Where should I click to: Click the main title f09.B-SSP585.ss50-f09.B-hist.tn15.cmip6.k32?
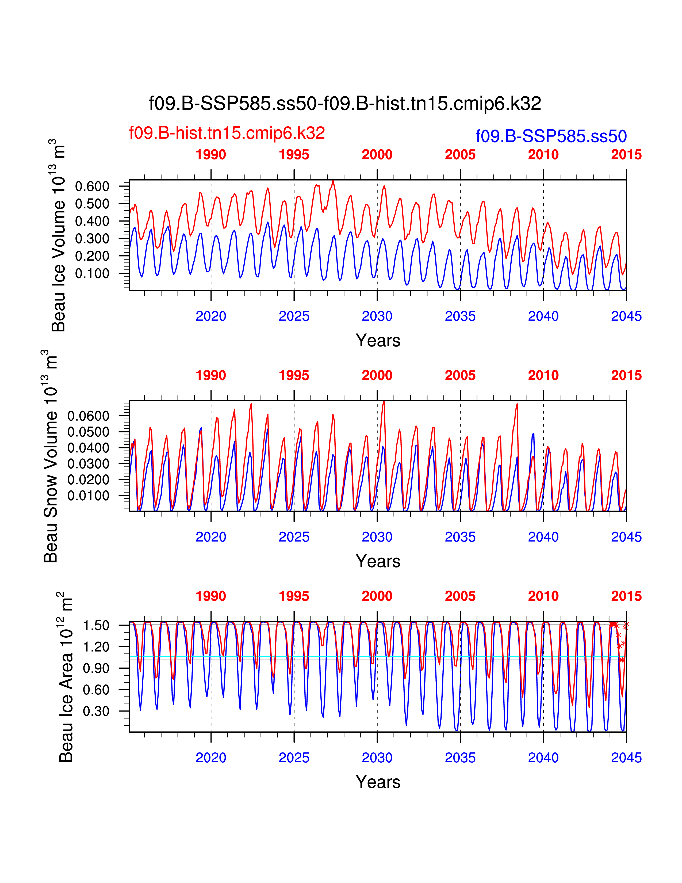[345, 104]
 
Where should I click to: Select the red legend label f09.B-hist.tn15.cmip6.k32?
[227, 133]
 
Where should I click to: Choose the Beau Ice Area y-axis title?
[66, 677]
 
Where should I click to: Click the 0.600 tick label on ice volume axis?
[92, 187]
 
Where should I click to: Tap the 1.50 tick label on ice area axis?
[96, 626]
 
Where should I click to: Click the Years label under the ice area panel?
[378, 782]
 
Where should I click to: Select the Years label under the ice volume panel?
[378, 340]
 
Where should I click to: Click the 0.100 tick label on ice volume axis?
[92, 273]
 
